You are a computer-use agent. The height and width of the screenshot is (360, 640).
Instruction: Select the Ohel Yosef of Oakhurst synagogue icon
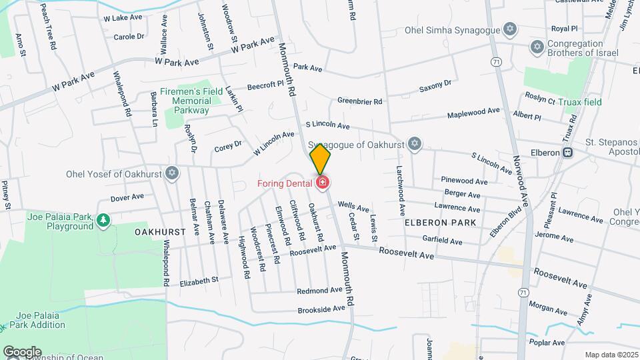point(173,173)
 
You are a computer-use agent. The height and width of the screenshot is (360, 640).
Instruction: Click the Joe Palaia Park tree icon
point(103,219)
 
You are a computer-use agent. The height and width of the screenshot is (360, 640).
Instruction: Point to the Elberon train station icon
point(567,152)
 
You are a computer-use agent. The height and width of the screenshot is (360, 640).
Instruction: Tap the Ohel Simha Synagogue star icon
point(511,30)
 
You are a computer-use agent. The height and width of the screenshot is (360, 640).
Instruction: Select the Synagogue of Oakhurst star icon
point(415,143)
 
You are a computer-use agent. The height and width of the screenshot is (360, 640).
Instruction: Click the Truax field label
point(580,102)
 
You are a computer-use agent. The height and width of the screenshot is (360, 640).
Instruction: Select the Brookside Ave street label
point(322,309)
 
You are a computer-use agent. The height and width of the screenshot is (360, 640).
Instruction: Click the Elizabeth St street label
point(199,281)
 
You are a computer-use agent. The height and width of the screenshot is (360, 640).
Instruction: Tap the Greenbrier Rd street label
point(359,101)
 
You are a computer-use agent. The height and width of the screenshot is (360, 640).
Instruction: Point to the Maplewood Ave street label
point(473,113)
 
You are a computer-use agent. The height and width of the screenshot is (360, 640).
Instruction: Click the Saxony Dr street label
point(435,86)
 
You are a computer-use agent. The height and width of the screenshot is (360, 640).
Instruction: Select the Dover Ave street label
point(127,197)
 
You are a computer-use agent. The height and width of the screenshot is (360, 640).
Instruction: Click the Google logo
point(22,351)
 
